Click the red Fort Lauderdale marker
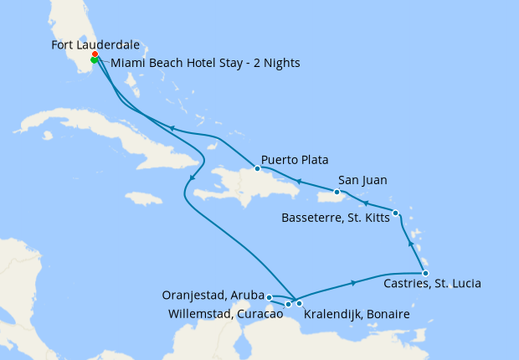pos(95,54)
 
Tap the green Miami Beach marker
pos(95,60)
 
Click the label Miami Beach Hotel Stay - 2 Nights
pos(205,63)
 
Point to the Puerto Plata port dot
pos(257,168)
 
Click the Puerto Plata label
pos(295,159)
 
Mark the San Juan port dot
pos(337,192)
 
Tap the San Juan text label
pos(362,179)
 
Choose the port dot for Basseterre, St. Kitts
pos(395,213)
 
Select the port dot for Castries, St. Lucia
pos(425,273)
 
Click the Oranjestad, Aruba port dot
pos(269,297)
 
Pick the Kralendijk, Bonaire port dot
pos(299,303)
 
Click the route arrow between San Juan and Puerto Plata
pos(297,180)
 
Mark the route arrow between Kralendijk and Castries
pos(354,282)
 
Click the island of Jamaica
pos(143,198)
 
